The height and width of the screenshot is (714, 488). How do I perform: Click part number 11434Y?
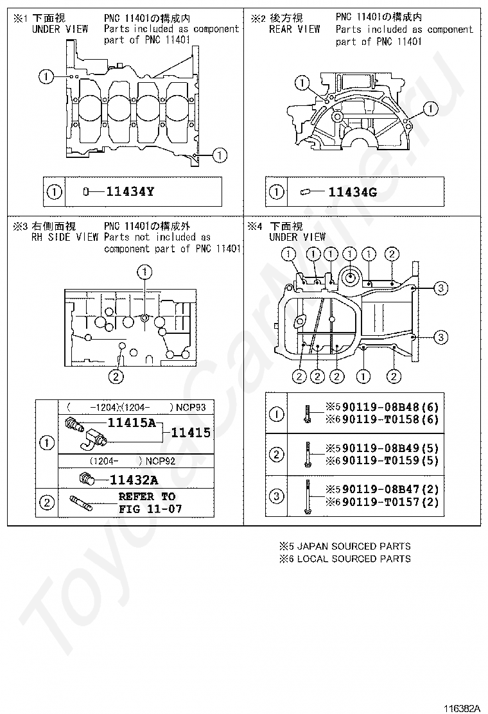130,191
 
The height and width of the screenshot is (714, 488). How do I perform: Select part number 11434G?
353,191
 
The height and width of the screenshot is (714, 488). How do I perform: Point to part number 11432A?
134,479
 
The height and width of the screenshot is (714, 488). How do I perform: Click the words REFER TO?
146,496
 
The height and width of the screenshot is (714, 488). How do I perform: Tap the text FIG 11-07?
150,509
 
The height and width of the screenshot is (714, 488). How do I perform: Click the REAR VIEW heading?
295,30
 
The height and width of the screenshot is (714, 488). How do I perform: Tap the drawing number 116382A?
461,708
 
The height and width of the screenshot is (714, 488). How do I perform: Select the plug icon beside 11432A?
85,478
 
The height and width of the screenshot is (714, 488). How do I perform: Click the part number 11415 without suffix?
191,433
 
